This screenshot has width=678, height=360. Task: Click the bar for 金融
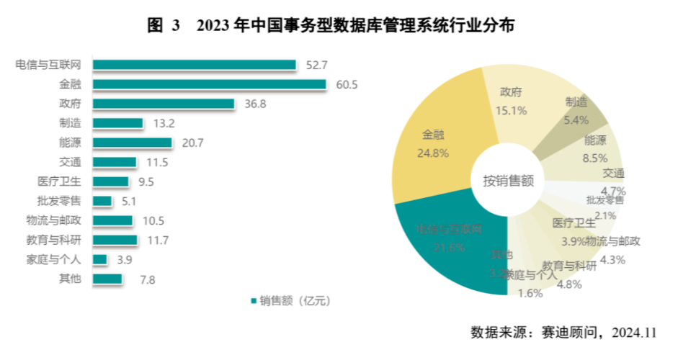(209, 85)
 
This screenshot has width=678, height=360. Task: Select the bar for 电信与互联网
(195, 66)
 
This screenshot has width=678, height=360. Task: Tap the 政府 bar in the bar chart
(164, 104)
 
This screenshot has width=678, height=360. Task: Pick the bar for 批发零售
(102, 201)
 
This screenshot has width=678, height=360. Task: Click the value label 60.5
(347, 85)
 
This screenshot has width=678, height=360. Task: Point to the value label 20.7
(192, 143)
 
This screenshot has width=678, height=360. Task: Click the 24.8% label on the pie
(433, 152)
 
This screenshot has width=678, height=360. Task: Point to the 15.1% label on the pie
(511, 110)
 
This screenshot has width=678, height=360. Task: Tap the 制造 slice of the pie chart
(576, 109)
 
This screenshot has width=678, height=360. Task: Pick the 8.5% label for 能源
(595, 157)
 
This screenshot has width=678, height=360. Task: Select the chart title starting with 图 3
(331, 26)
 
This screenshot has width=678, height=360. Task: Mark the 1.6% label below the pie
(530, 292)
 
